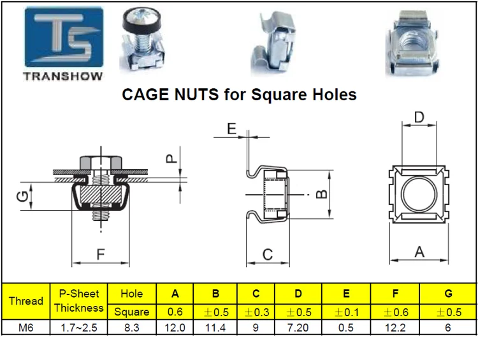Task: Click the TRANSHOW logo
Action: point(63,45)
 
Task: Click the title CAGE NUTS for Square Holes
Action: point(239,95)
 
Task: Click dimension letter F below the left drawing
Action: point(101,254)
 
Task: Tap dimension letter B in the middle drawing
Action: point(322,193)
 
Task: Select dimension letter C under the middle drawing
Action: point(268,254)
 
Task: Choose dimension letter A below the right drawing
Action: point(419,252)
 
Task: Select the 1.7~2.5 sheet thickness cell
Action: point(78,327)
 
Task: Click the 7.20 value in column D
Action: point(298,327)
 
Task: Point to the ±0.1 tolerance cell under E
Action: point(345,312)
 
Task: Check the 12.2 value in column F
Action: point(396,327)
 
